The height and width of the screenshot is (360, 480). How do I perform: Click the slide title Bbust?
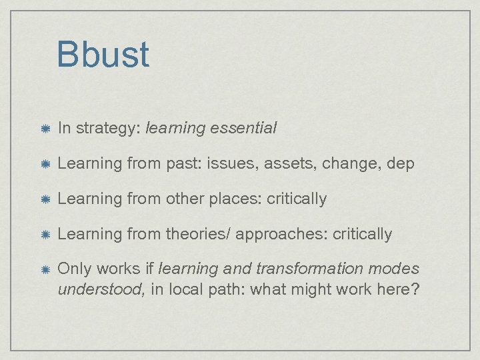click(103, 55)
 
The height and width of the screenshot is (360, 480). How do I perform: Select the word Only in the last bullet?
click(75, 269)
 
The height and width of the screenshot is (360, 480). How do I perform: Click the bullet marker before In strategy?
click(43, 129)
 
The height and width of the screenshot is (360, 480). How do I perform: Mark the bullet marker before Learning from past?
click(43, 164)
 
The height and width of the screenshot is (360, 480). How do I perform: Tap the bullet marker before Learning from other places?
click(43, 199)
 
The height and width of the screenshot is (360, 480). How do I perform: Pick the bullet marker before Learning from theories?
click(43, 234)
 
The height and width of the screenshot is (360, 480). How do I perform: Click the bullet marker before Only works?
click(43, 270)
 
